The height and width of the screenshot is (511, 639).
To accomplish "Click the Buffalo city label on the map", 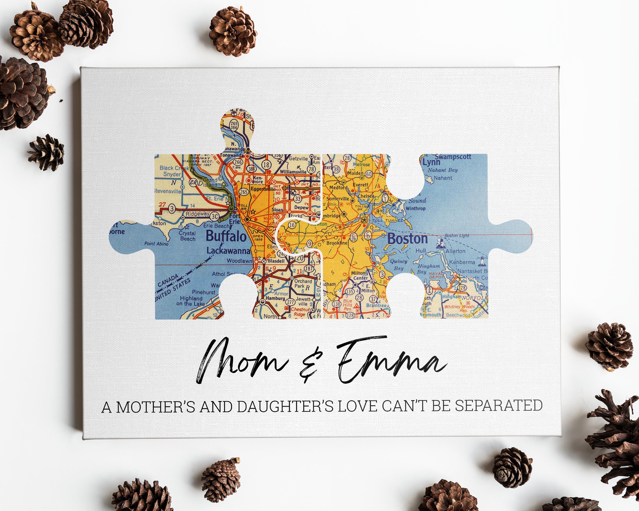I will click(x=226, y=236).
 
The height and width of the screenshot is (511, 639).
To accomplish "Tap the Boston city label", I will click(x=407, y=239).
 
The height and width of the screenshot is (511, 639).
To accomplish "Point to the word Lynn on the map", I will click(x=431, y=162).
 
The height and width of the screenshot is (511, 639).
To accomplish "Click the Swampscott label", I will click(x=453, y=157).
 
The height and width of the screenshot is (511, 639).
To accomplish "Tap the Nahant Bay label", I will click(x=443, y=170).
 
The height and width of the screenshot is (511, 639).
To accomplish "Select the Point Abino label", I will click(x=156, y=244).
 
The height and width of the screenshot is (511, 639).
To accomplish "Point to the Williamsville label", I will click(x=293, y=172).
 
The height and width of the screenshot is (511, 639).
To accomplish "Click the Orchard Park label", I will click(x=303, y=283).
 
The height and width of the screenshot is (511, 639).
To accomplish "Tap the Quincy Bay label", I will click(x=399, y=264).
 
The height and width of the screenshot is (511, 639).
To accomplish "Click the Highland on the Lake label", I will click(x=191, y=301).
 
